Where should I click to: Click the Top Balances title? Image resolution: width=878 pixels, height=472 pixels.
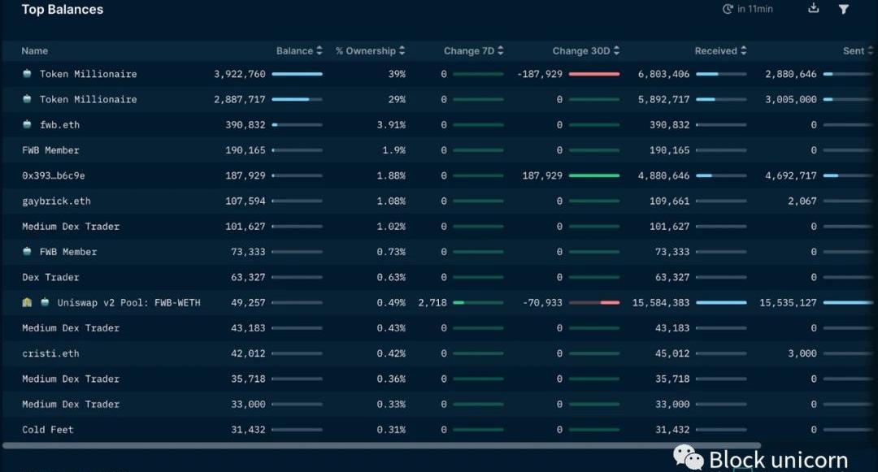click(63, 10)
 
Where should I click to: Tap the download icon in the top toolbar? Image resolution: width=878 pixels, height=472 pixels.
click(814, 9)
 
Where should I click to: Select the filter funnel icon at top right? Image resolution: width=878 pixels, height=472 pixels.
click(844, 9)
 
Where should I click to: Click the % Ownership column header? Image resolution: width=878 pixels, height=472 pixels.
click(365, 51)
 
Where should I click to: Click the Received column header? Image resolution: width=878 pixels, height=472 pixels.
click(715, 51)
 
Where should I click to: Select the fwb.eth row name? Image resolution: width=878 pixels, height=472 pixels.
click(59, 125)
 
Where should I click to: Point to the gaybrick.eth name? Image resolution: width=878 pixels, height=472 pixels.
click(56, 201)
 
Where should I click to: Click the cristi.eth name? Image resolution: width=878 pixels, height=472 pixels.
click(50, 353)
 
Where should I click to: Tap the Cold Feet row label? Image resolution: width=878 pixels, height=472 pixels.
click(48, 430)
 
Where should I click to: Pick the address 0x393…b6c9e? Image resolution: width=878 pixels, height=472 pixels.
click(54, 175)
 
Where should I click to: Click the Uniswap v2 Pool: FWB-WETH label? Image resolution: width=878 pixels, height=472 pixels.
click(128, 303)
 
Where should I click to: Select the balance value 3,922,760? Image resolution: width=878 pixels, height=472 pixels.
click(240, 74)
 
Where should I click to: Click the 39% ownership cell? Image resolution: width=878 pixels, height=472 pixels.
click(397, 74)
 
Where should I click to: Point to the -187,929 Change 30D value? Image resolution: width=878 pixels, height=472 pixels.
click(540, 74)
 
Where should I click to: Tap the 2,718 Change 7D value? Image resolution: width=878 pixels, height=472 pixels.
click(432, 303)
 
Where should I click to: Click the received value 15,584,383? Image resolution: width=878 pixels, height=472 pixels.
click(661, 303)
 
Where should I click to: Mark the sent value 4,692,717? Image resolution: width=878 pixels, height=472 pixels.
click(791, 175)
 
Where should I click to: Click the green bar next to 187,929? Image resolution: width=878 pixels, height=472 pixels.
click(594, 175)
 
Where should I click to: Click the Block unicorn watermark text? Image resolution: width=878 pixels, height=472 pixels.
click(777, 460)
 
